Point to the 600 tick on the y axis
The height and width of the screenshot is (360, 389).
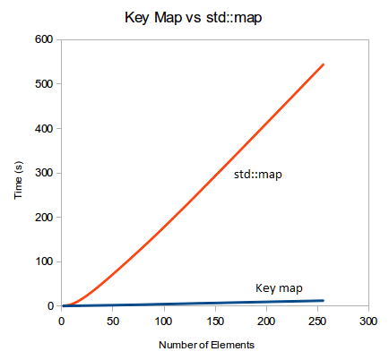tap(44, 39)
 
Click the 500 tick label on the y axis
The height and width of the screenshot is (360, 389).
tap(44, 84)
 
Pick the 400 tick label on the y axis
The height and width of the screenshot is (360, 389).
tap(44, 128)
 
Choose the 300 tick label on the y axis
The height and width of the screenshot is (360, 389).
tap(44, 173)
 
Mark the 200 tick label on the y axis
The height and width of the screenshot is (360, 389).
tap(44, 217)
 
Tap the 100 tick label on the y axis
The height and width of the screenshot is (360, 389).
tap(44, 261)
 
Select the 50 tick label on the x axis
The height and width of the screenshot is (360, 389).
tap(112, 321)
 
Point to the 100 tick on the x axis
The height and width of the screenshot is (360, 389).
tap(163, 321)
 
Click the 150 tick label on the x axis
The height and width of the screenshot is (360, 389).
tap(214, 321)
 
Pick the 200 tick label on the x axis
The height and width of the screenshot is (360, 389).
tap(265, 321)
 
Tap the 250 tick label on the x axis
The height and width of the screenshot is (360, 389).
tap(316, 321)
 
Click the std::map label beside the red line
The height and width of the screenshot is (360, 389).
tap(258, 175)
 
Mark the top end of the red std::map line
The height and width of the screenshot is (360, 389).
tap(323, 64)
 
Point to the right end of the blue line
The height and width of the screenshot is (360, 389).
tap(323, 300)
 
